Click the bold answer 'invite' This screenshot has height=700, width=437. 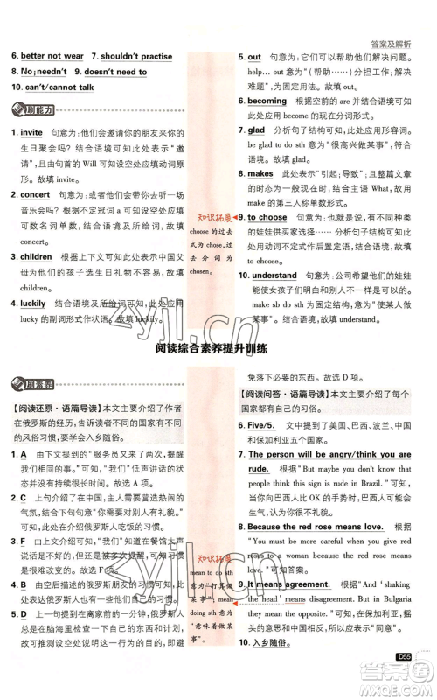[x=31, y=132]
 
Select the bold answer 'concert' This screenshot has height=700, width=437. [x=35, y=194]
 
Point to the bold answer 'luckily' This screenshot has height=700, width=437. [x=33, y=303]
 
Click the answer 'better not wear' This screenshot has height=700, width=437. [x=52, y=56]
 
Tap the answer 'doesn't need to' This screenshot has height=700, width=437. [x=115, y=72]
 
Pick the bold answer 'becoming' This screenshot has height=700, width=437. [x=267, y=101]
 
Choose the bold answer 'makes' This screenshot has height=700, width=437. [x=260, y=174]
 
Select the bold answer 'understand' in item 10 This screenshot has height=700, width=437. [x=276, y=276]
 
